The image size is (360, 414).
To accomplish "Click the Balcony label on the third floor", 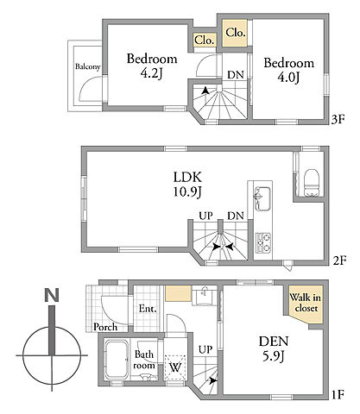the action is [88, 66].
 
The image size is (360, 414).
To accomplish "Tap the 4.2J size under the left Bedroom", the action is [152, 73].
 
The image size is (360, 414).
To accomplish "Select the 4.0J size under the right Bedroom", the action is [288, 78].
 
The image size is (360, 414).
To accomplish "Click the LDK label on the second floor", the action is [187, 177].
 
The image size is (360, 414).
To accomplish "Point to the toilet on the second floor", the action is [312, 183].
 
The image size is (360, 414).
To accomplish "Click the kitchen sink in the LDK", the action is [262, 198].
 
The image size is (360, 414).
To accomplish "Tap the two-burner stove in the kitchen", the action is [263, 243].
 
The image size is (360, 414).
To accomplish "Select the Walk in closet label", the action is [306, 303].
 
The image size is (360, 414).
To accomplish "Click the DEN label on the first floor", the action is [274, 342].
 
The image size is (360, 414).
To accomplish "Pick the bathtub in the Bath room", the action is [117, 360].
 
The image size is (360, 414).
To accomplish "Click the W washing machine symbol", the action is [175, 367].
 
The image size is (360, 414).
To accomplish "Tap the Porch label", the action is [105, 327].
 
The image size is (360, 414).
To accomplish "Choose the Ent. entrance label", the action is [148, 309].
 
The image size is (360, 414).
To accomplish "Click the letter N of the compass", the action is [52, 295].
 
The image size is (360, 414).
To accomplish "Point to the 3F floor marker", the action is [338, 119].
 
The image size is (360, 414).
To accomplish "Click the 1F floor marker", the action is [338, 394].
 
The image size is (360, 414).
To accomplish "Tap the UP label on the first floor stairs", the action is [205, 349].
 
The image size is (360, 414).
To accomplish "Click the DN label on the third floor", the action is [236, 75].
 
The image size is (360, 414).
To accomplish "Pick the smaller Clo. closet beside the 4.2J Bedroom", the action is [205, 40].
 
